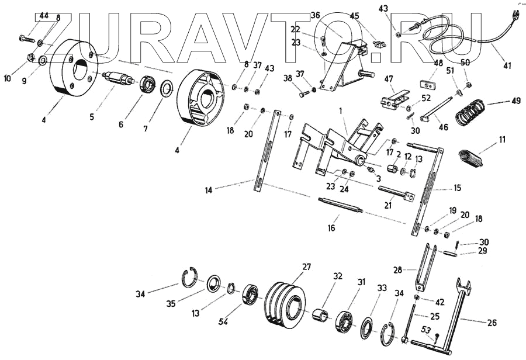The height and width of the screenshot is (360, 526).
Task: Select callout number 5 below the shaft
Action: pyautogui.click(x=91, y=116)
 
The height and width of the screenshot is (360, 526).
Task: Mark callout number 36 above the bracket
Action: pyautogui.click(x=316, y=15)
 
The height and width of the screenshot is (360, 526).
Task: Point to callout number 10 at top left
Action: pyautogui.click(x=6, y=77)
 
